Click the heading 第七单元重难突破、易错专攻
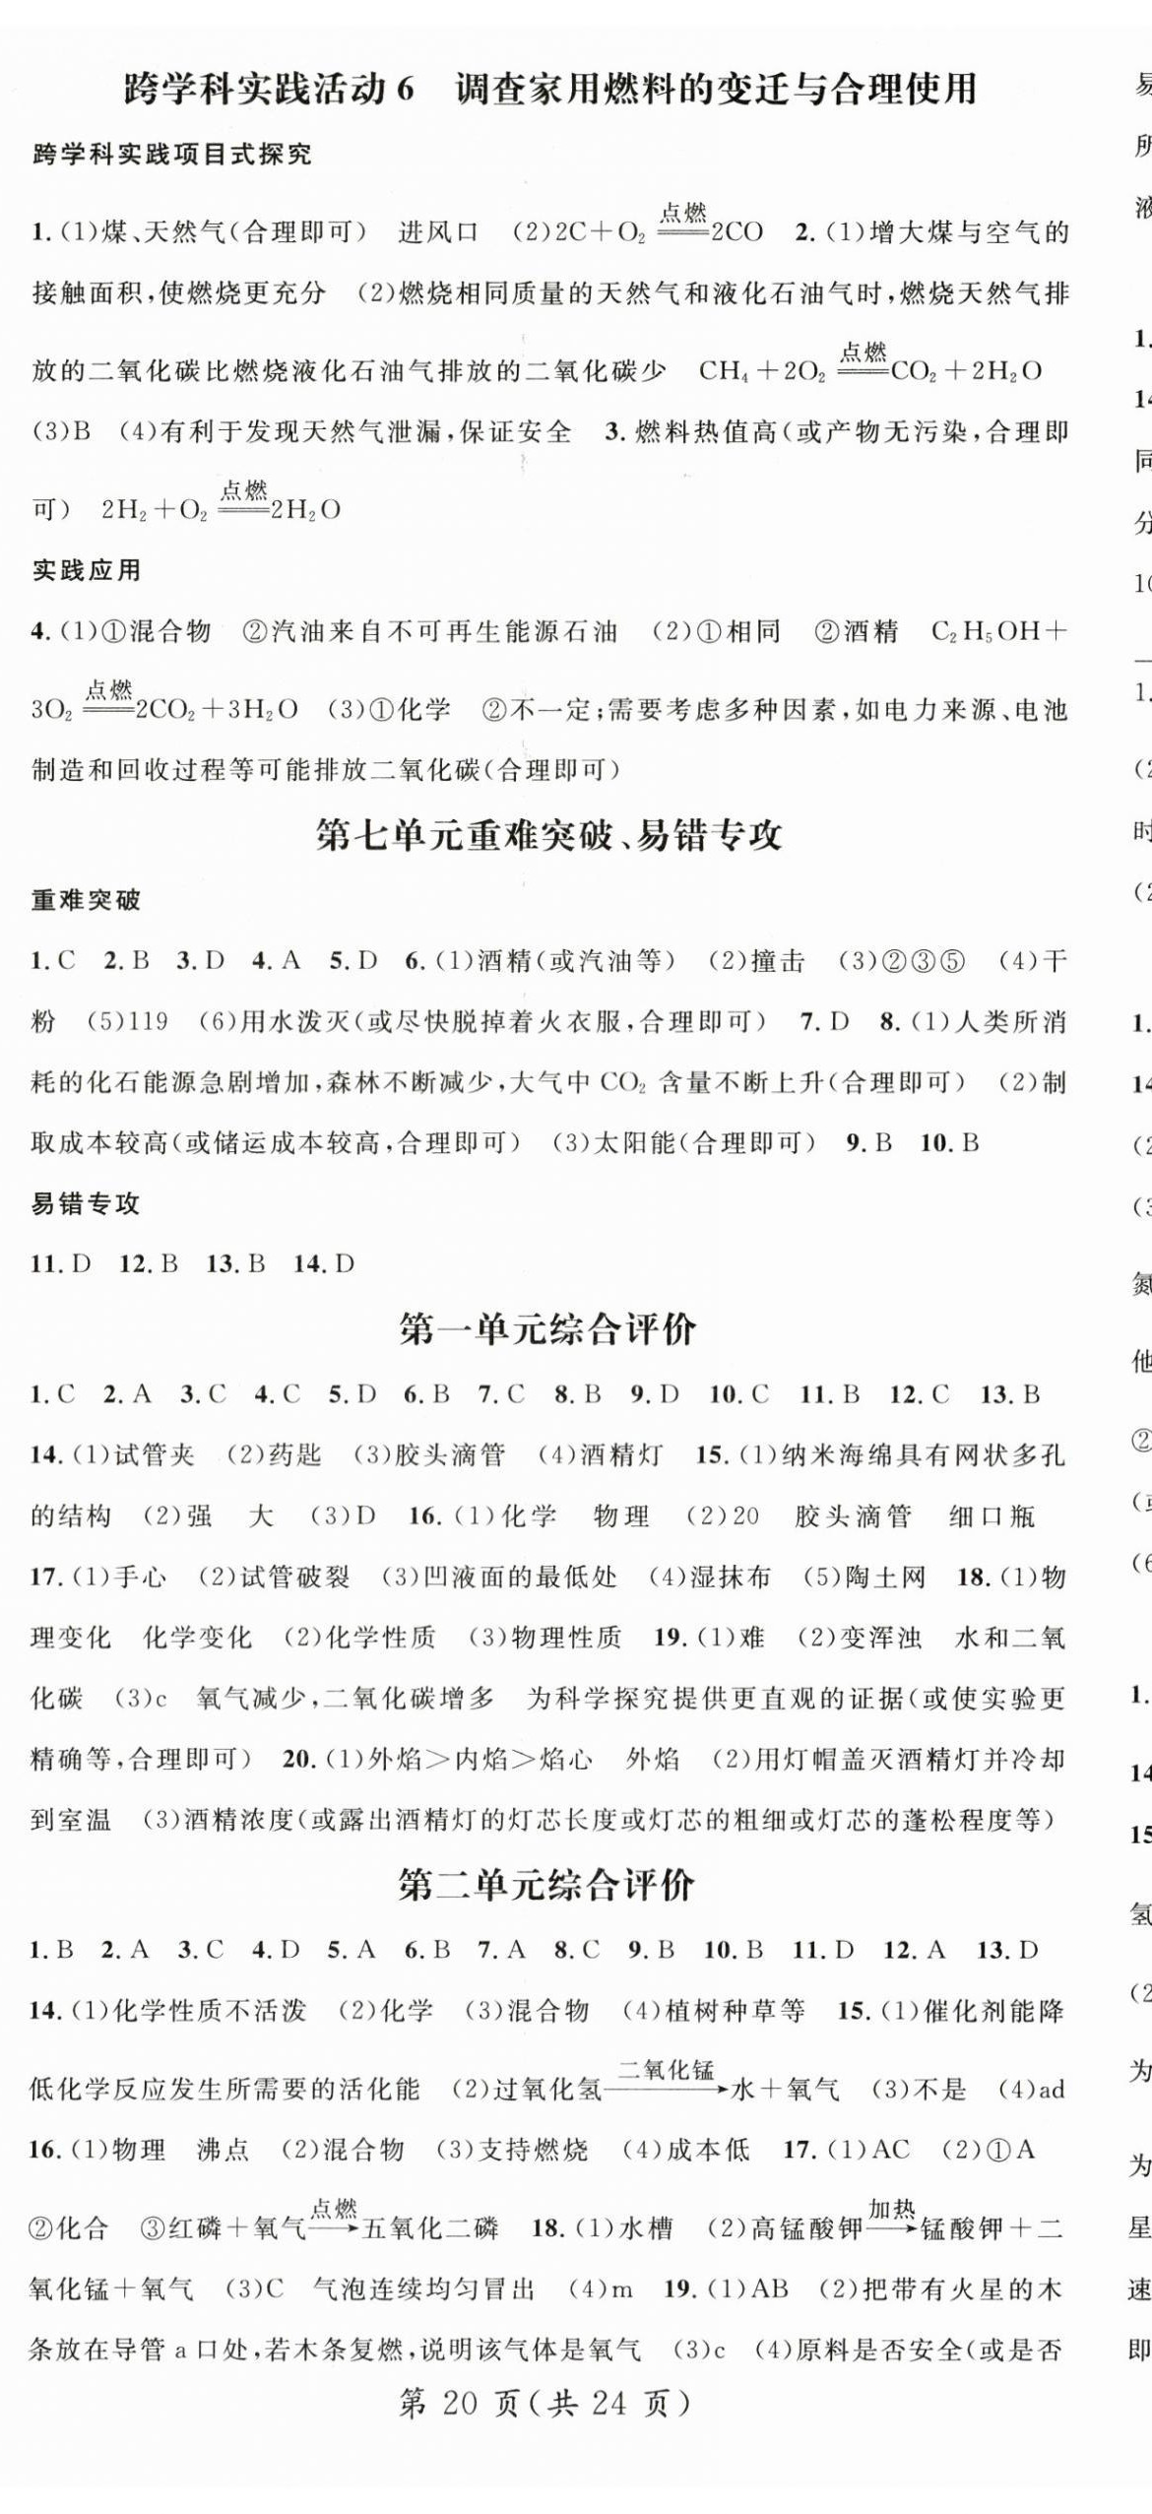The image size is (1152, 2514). click(x=548, y=835)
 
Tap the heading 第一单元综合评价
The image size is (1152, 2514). click(x=548, y=1329)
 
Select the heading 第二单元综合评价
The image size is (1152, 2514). click(x=548, y=1886)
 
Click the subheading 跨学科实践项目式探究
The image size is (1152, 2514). click(x=172, y=155)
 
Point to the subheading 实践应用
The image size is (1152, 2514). click(x=87, y=570)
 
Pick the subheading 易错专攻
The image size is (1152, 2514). click(x=87, y=1203)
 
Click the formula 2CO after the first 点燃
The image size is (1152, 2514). click(x=736, y=232)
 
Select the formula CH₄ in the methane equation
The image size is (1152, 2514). click(x=722, y=371)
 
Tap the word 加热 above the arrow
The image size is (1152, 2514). click(x=892, y=2208)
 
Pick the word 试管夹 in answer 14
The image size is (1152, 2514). click(x=155, y=1454)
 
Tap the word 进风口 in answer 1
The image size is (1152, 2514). click(x=438, y=232)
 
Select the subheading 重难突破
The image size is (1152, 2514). click(x=87, y=900)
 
